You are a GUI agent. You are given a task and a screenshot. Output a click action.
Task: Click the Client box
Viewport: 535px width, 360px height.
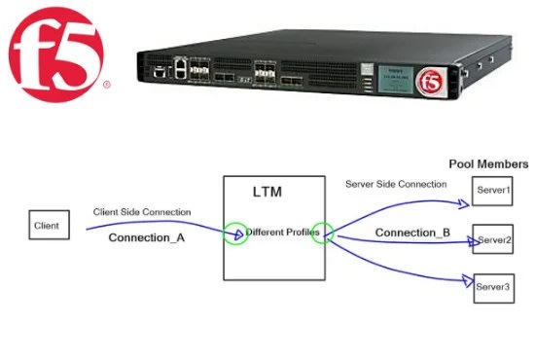click(x=46, y=226)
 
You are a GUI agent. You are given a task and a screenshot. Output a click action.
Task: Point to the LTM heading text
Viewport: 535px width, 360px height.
click(x=267, y=193)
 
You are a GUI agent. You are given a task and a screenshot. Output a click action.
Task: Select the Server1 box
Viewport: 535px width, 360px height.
click(x=493, y=191)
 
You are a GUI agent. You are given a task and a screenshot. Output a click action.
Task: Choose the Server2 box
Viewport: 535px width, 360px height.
click(x=493, y=238)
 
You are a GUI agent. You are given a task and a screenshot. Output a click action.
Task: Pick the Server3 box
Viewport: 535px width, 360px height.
click(x=493, y=288)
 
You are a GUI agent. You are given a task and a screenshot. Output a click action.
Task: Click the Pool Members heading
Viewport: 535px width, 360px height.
click(x=488, y=164)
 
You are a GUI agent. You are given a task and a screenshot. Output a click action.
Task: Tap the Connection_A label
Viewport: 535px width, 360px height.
click(x=147, y=238)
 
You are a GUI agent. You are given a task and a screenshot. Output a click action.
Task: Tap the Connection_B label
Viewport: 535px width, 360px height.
click(x=412, y=234)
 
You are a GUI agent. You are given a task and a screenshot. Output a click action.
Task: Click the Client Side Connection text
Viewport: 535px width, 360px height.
click(x=142, y=212)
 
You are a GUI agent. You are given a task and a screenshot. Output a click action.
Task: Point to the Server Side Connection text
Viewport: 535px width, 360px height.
click(x=396, y=184)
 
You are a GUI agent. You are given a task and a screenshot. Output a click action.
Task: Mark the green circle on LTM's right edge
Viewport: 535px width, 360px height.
click(x=322, y=234)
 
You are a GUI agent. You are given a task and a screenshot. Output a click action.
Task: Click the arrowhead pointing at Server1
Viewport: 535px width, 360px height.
click(x=464, y=202)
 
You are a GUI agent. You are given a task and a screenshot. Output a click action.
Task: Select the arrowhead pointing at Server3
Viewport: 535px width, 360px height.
click(x=464, y=280)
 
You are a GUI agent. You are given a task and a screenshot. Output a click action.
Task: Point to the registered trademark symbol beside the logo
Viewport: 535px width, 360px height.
click(x=106, y=85)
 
